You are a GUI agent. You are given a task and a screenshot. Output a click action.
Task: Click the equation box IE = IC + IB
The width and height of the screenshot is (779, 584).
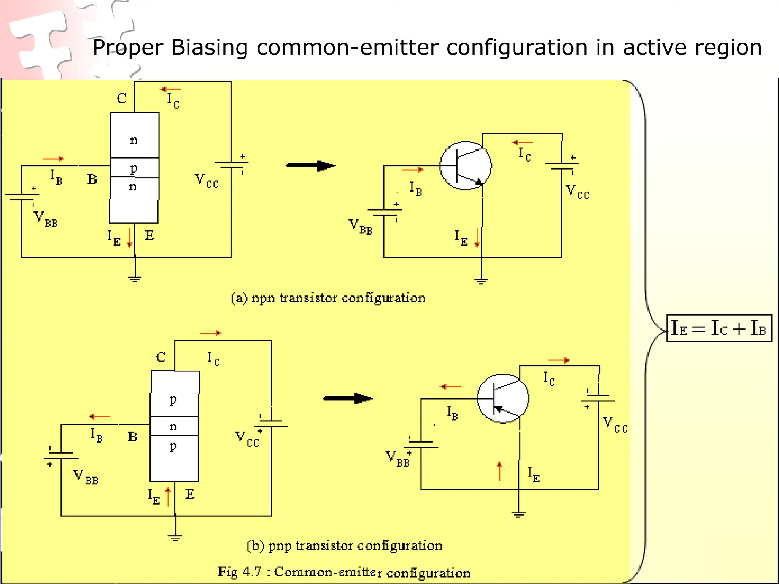[x=719, y=328]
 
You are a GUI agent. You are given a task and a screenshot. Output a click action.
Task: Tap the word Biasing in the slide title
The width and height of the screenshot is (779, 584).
[x=209, y=48]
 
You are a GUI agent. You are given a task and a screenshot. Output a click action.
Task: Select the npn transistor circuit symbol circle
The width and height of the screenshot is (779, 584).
[x=466, y=166]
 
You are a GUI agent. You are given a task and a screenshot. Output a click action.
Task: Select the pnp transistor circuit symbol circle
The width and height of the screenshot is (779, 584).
[x=502, y=398]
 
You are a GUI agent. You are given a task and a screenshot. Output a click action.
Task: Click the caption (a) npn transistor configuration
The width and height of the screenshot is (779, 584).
[x=328, y=298]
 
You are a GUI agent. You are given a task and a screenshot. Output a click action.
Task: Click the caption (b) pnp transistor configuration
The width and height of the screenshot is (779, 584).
[x=344, y=546]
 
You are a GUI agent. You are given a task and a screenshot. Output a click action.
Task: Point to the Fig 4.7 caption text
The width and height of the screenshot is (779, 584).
[x=344, y=572]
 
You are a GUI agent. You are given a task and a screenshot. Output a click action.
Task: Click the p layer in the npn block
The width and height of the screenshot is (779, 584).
[x=134, y=168]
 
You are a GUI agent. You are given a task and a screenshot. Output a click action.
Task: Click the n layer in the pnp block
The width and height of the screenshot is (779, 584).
[x=174, y=426]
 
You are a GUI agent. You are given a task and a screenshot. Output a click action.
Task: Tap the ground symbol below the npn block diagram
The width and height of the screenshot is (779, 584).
[x=135, y=279]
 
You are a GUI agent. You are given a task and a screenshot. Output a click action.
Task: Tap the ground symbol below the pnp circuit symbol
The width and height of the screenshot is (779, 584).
[x=518, y=515]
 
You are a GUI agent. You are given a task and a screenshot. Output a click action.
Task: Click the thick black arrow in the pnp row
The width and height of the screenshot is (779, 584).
[x=347, y=398]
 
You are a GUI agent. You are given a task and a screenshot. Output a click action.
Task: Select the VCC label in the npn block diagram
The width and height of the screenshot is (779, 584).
[x=207, y=181]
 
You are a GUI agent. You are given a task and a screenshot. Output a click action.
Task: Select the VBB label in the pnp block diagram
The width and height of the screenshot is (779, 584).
[x=86, y=477]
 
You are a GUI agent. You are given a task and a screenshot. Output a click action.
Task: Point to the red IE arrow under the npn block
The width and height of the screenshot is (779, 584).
[x=130, y=238]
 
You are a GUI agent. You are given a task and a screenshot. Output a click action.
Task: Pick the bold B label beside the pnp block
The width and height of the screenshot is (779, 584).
[x=132, y=436]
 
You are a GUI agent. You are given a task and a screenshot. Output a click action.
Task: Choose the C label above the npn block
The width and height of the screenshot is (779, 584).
[x=122, y=98]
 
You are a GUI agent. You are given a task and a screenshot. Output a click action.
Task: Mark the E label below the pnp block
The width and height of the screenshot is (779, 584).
[x=190, y=494]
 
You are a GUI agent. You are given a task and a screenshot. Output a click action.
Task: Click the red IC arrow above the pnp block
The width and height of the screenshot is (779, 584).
[x=211, y=333]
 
